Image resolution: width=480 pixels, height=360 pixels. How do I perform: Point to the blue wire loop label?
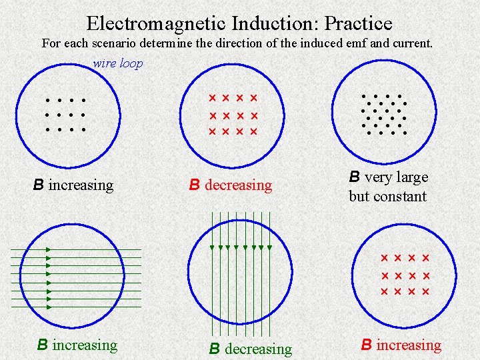click(x=117, y=63)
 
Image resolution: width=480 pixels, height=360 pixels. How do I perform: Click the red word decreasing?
click(x=239, y=185)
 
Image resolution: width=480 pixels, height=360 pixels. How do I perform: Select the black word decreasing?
click(x=259, y=349)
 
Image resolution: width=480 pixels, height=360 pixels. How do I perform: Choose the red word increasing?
click(x=409, y=345)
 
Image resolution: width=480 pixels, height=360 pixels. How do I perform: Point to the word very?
click(x=378, y=177)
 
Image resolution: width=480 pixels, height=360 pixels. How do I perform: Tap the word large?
click(x=411, y=177)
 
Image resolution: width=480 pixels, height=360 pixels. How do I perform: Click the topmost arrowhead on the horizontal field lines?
click(x=49, y=249)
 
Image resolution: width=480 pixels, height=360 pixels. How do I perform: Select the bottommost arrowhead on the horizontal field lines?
click(x=49, y=307)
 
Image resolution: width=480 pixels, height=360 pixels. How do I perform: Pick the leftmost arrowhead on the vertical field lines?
click(x=211, y=247)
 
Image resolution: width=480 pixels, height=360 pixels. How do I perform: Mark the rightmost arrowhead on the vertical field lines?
click(x=270, y=247)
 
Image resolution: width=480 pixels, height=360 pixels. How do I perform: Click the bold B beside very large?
click(x=355, y=177)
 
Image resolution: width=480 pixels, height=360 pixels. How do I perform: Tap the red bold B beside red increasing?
click(x=366, y=345)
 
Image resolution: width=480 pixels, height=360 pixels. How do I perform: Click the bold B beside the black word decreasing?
click(x=215, y=349)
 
